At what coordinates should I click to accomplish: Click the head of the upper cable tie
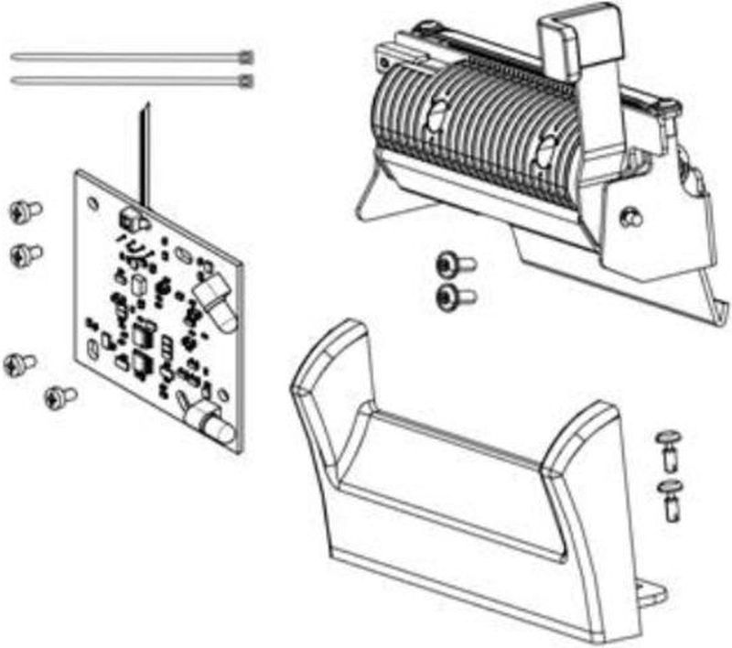tap(244, 58)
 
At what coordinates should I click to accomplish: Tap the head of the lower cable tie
tap(244, 81)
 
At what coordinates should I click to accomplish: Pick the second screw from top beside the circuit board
tap(25, 254)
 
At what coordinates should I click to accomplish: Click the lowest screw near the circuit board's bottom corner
tap(59, 396)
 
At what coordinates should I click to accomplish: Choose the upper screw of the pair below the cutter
tap(452, 265)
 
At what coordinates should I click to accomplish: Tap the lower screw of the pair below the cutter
tap(452, 296)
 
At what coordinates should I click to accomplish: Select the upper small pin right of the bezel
tap(669, 446)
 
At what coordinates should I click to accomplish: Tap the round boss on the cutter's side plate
tap(629, 217)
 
